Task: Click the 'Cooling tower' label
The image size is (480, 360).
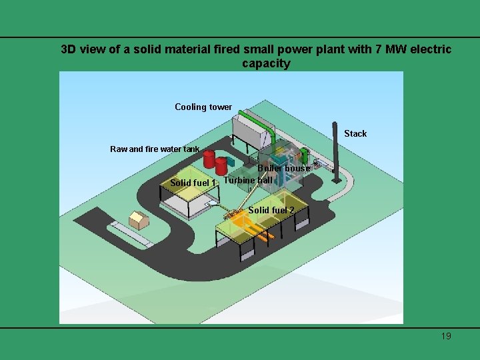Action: (x=203, y=107)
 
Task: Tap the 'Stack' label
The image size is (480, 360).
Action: (x=355, y=133)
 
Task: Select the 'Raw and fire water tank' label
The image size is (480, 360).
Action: (x=155, y=149)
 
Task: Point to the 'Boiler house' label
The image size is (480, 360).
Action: (x=284, y=168)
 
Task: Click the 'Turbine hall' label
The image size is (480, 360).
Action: (x=247, y=180)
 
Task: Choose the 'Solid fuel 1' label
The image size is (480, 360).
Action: (x=193, y=183)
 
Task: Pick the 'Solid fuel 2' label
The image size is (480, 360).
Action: (x=271, y=210)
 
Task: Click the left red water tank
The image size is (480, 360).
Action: (x=209, y=159)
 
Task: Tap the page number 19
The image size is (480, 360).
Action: (x=446, y=336)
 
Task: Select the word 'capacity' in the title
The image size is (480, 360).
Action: (x=266, y=64)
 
